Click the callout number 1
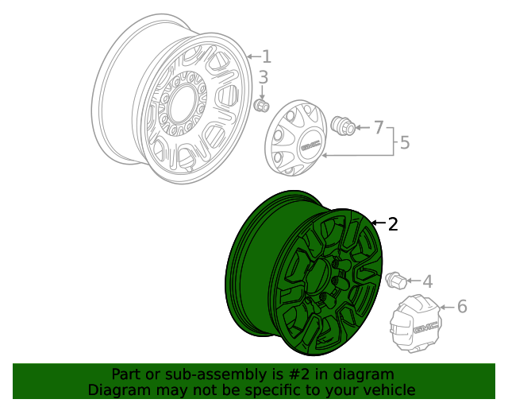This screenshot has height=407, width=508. pyautogui.click(x=267, y=56)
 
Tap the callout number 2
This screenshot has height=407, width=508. pyautogui.click(x=392, y=224)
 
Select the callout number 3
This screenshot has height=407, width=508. pyautogui.click(x=264, y=78)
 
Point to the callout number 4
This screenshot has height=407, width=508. pyautogui.click(x=427, y=281)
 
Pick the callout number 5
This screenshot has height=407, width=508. pyautogui.click(x=404, y=143)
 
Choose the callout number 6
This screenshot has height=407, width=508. pyautogui.click(x=462, y=306)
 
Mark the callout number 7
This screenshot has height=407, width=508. pyautogui.click(x=379, y=127)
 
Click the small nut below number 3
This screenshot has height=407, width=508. pyautogui.click(x=262, y=106)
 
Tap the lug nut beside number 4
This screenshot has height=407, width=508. pyautogui.click(x=395, y=281)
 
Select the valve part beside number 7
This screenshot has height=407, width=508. pyautogui.click(x=344, y=126)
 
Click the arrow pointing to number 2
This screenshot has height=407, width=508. pyautogui.click(x=376, y=224)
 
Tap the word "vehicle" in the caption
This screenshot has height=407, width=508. pyautogui.click(x=387, y=390)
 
